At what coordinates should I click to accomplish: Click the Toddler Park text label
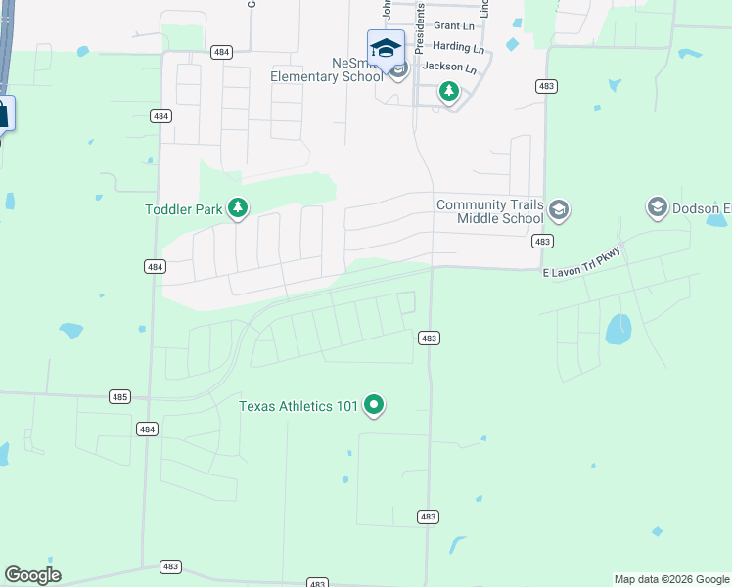point(183,208)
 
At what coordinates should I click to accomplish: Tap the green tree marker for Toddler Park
point(237,207)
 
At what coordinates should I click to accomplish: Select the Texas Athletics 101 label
point(298,405)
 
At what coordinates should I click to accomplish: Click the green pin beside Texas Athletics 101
point(373,404)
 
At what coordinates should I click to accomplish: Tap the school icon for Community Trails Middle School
point(558,209)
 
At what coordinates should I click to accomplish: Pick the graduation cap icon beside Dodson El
point(657,207)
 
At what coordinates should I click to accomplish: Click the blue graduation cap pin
point(386,48)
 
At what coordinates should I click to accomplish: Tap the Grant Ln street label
point(453,24)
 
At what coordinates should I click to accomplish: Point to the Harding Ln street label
point(458,47)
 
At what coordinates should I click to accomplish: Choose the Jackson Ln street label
point(449,68)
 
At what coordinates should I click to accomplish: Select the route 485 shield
point(119,396)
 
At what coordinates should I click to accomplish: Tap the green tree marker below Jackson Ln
point(448,93)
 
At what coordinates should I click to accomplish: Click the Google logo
point(32,574)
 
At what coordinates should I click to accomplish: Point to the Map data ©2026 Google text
point(670,579)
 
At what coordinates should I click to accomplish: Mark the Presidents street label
point(421,23)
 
